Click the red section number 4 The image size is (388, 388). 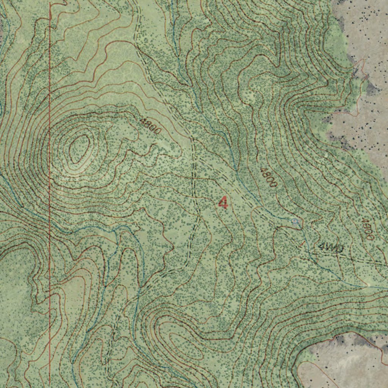[x=224, y=202]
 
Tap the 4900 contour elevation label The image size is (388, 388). [x=366, y=228]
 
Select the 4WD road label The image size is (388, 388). [x=331, y=248]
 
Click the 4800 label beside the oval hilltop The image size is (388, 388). [x=150, y=126]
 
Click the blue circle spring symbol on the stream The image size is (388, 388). [x=295, y=221]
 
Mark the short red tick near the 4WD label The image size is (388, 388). [x=302, y=244]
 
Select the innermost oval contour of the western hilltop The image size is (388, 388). [x=79, y=149]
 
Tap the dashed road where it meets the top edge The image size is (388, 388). [x=135, y=2]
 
